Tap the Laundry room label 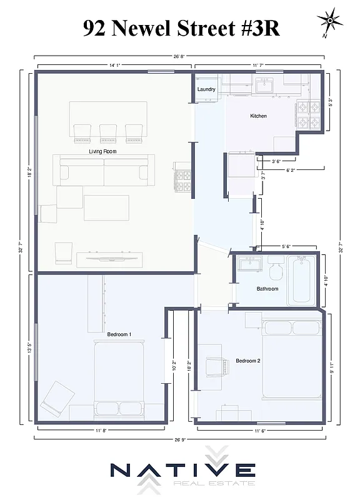(x=206, y=89)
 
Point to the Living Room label (x=102, y=151)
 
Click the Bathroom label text (x=267, y=289)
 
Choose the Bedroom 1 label (x=119, y=334)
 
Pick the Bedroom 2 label (x=247, y=361)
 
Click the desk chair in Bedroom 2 (x=215, y=367)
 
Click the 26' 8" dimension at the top (x=180, y=57)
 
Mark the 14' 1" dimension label (x=114, y=64)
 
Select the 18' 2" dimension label (x=29, y=171)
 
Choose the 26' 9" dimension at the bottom (x=179, y=439)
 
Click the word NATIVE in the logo (x=182, y=470)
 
